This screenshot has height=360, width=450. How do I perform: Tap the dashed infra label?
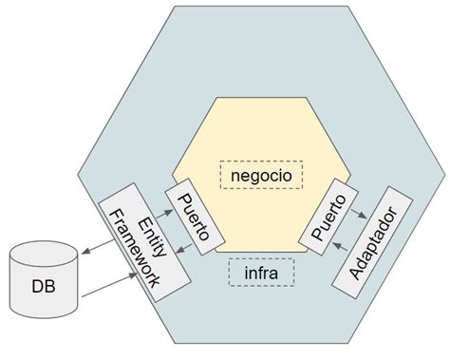(x=261, y=274)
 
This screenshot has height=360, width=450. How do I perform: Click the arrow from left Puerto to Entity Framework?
(x=191, y=250)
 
